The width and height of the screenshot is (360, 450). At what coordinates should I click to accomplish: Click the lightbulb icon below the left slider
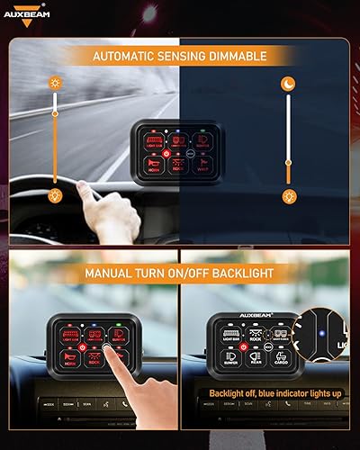click(55, 196)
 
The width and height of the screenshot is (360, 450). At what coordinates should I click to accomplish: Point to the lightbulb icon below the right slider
click(289, 196)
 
